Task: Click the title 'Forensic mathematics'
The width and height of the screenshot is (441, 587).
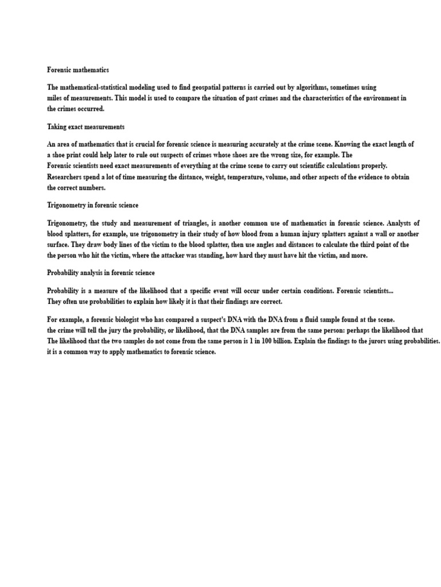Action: (x=78, y=69)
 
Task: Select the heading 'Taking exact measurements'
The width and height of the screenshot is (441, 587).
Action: (x=86, y=127)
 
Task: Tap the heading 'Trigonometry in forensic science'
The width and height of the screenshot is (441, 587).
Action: (x=92, y=205)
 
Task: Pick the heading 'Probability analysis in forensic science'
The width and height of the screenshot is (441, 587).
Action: (x=100, y=273)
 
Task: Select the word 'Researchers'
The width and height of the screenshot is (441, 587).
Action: (x=65, y=177)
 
